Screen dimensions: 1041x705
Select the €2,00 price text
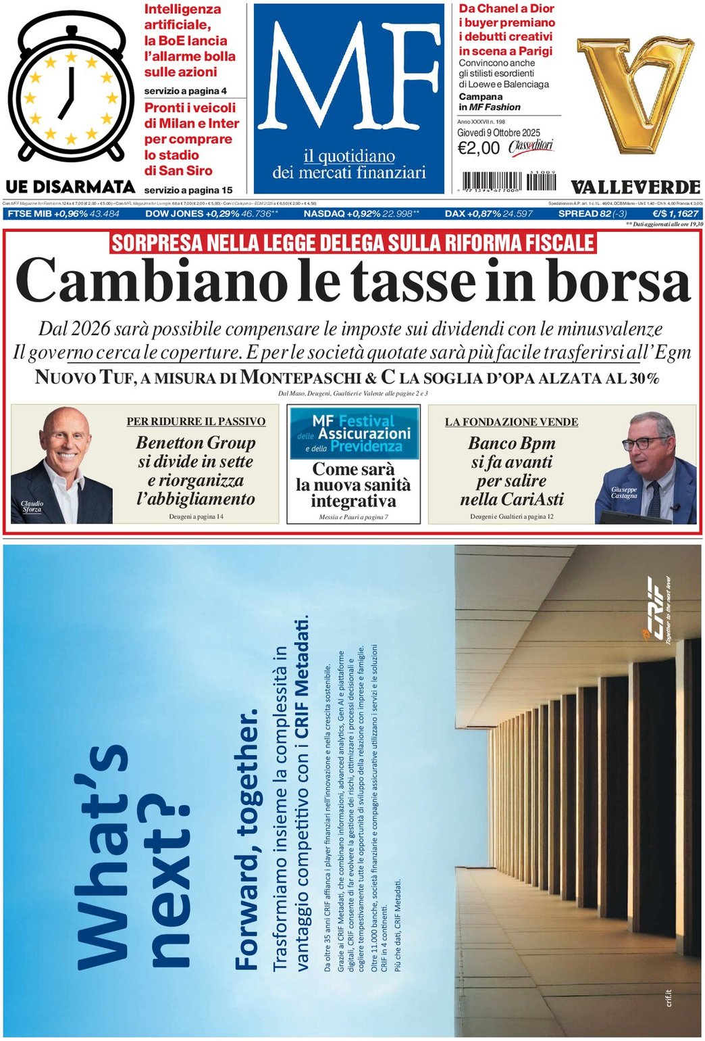(478, 148)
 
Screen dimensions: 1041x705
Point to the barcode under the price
(510, 182)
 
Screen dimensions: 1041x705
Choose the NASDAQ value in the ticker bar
(399, 214)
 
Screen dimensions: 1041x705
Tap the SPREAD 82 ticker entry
(592, 214)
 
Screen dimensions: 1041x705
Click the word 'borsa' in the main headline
(619, 280)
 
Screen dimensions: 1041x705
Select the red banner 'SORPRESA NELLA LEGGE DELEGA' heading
(352, 243)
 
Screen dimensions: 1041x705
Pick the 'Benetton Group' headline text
(196, 443)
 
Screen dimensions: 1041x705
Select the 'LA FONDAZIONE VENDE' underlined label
(511, 422)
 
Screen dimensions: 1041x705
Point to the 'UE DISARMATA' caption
(70, 187)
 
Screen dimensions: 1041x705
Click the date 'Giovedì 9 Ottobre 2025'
(498, 133)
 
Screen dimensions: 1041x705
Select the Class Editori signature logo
(531, 147)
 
